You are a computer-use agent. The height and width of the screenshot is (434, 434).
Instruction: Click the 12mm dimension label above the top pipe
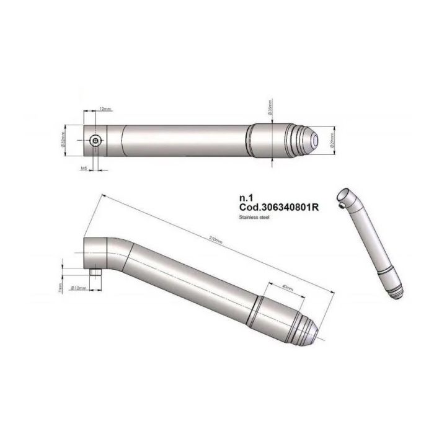(105, 109)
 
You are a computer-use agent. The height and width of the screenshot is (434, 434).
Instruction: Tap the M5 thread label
(83, 167)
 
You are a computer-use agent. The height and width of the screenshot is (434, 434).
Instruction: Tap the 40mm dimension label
(287, 288)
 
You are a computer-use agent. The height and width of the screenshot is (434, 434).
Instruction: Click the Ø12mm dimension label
(78, 288)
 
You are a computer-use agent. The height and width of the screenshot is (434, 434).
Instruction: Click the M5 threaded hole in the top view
(94, 141)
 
